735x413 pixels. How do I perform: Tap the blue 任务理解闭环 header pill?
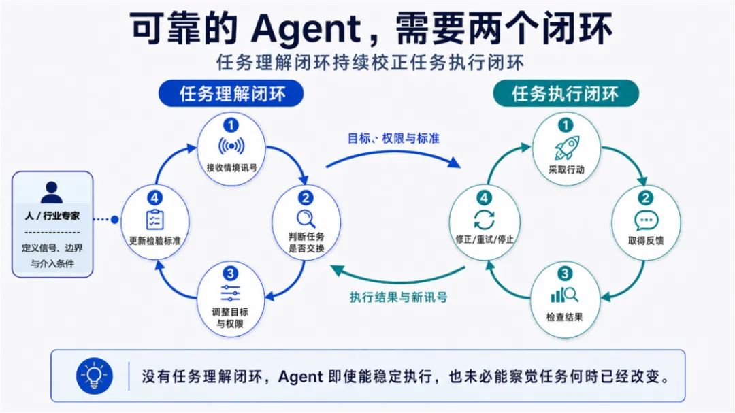point(231,93)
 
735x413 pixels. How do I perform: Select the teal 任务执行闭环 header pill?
point(566,93)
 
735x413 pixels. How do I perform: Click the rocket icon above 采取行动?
point(567,148)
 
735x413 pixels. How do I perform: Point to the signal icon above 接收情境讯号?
point(231,146)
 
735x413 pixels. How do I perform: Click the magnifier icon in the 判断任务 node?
point(306,219)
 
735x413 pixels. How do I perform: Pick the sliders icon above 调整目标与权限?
point(230,293)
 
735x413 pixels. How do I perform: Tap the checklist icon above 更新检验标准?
point(154,219)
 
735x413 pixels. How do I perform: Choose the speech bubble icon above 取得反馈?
point(647,220)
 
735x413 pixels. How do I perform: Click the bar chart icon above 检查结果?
point(565,295)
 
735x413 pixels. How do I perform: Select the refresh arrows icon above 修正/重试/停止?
point(485,219)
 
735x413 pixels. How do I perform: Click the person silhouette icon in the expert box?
point(52,192)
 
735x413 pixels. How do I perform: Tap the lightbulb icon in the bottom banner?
point(95,376)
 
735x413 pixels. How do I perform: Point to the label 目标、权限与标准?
point(394,138)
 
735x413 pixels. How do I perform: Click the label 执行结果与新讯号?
point(398,297)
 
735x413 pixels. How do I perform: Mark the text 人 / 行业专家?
point(52,216)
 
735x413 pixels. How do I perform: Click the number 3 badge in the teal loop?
point(565,274)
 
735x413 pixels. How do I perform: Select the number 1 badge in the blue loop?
point(231,125)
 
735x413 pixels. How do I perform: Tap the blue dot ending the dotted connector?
point(114,219)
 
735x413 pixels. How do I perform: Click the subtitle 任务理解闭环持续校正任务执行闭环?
point(370,63)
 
